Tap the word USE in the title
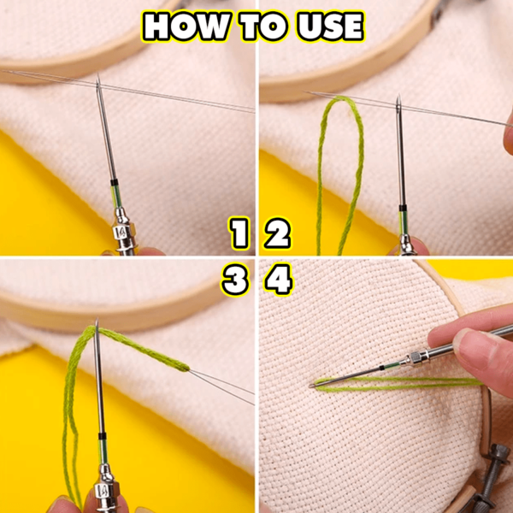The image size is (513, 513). [331, 27]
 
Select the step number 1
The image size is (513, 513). [239, 233]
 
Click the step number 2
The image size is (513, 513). [277, 233]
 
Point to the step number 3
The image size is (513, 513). [235, 280]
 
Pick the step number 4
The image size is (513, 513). [279, 280]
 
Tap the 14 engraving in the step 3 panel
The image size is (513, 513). [102, 491]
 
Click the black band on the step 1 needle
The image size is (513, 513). [114, 182]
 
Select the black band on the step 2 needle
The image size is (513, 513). [403, 208]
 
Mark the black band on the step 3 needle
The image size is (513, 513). [102, 436]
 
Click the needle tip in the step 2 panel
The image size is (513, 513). [398, 95]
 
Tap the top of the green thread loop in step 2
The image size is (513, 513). [340, 98]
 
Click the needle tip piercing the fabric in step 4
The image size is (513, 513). [311, 386]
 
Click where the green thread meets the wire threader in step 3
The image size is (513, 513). [188, 369]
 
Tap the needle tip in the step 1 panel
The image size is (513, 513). [97, 76]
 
